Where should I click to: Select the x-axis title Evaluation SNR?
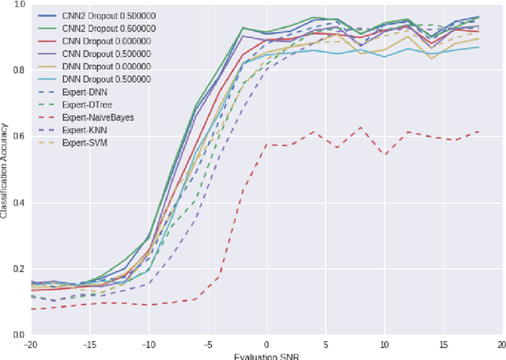pyautogui.click(x=266, y=355)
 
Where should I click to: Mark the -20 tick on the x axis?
pyautogui.click(x=30, y=344)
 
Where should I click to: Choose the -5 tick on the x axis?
pyautogui.click(x=207, y=344)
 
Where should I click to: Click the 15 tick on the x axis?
pyautogui.click(x=443, y=344)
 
